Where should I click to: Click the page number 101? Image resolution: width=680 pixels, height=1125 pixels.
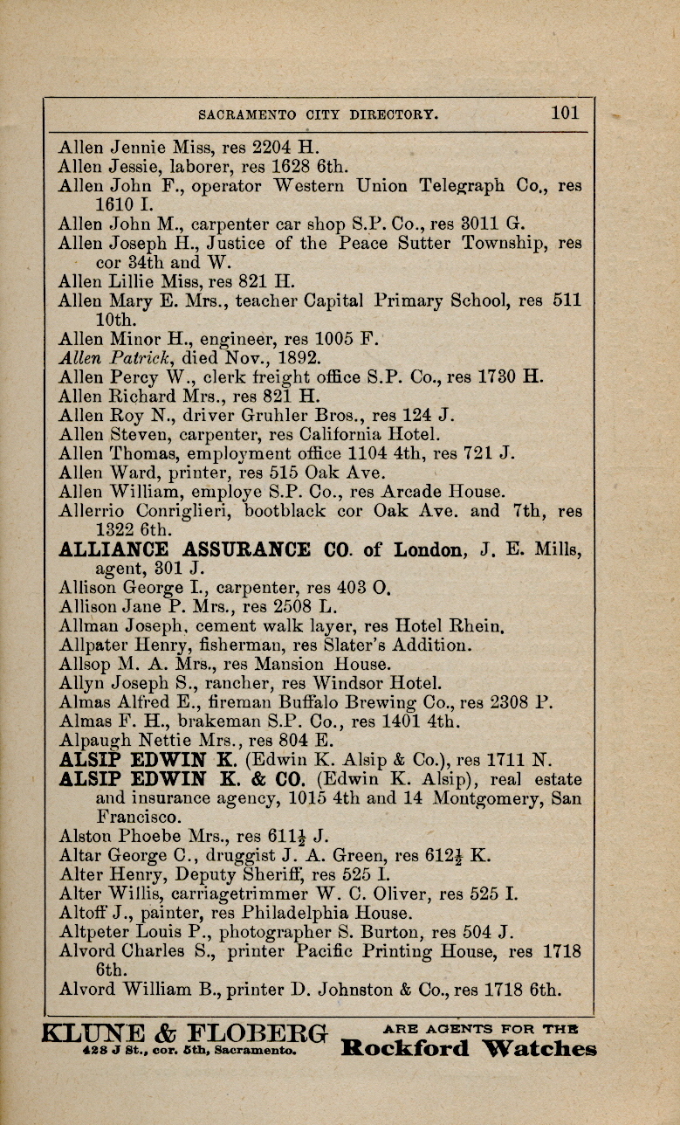[565, 113]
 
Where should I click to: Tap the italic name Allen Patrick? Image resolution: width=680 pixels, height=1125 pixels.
[110, 356]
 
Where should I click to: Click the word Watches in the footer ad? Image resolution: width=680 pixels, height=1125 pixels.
[539, 1049]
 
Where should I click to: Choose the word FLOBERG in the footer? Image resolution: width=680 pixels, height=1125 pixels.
[253, 1032]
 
